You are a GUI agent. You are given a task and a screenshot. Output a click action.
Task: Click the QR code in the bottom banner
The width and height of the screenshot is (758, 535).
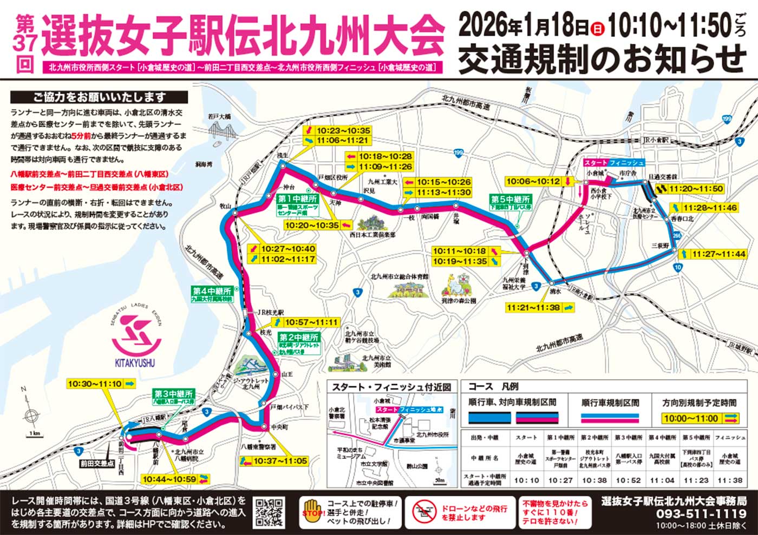click(x=269, y=512)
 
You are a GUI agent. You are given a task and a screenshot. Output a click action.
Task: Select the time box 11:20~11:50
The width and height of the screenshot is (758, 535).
click(x=695, y=188)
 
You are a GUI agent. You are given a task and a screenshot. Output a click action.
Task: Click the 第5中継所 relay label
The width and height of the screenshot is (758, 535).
click(x=510, y=200)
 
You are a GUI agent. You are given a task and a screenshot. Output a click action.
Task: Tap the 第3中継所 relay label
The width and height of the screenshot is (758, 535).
click(x=173, y=394)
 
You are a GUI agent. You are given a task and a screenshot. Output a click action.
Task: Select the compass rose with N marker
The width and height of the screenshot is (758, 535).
click(x=31, y=415)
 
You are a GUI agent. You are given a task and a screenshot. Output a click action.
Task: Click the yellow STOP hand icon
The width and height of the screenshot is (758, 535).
click(x=312, y=512)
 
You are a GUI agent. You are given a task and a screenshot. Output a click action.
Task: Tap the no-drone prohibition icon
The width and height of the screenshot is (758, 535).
click(x=424, y=512)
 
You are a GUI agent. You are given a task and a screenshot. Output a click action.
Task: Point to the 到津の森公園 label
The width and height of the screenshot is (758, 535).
click(x=458, y=300)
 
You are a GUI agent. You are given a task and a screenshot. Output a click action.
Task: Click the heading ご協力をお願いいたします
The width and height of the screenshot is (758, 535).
click(x=99, y=97)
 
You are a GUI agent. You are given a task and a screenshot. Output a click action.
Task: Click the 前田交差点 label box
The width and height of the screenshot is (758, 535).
click(x=97, y=464)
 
